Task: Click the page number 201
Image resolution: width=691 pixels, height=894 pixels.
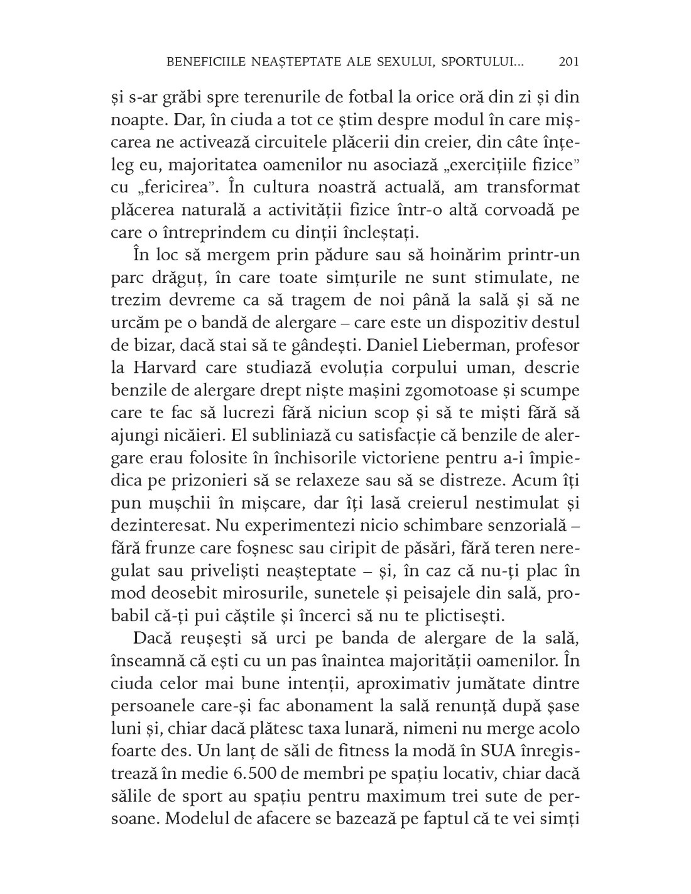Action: tap(567, 62)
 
